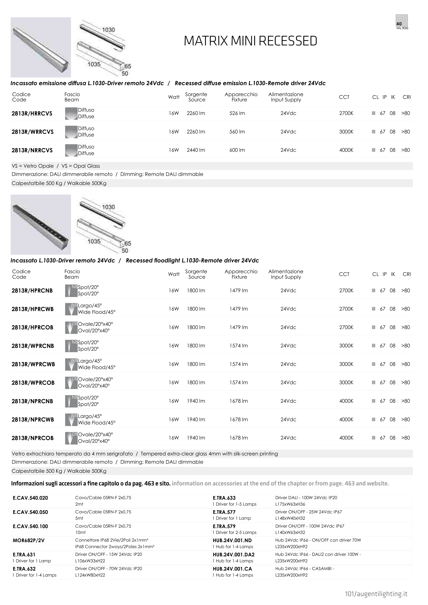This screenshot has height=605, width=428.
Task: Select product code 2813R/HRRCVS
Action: pyautogui.click(x=32, y=114)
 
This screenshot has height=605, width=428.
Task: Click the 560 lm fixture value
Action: pyautogui.click(x=237, y=132)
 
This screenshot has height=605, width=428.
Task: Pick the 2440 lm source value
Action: pyautogui.click(x=196, y=150)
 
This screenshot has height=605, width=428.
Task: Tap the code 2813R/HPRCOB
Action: pyautogui.click(x=32, y=328)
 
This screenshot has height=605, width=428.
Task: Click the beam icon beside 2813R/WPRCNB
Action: pyautogui.click(x=71, y=346)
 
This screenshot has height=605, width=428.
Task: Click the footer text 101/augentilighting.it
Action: pyautogui.click(x=376, y=594)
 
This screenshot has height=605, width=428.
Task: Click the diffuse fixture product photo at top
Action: pyautogui.click(x=41, y=47)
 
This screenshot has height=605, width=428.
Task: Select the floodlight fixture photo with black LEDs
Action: pyautogui.click(x=41, y=225)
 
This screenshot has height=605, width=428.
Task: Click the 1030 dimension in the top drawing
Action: pyautogui.click(x=108, y=30)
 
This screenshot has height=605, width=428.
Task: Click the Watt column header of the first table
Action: pyautogui.click(x=174, y=97)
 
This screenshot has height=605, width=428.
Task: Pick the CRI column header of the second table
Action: pyautogui.click(x=407, y=274)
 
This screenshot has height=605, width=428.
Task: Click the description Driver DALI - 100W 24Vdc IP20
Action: pyautogui.click(x=306, y=498)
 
